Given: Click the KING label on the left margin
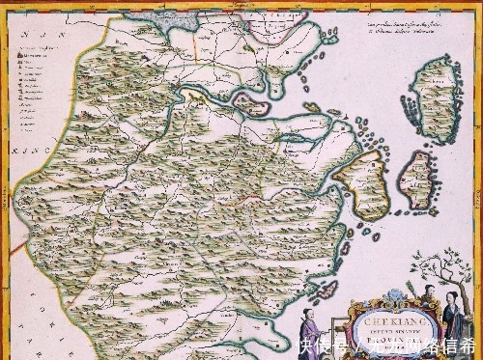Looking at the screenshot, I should [x=17, y=151].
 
